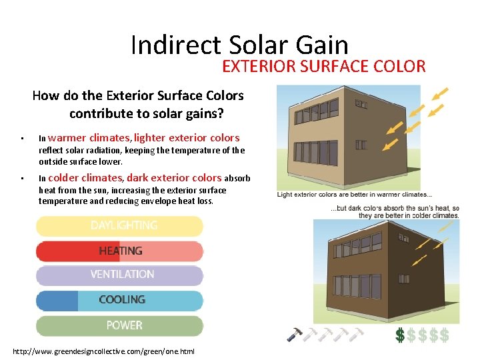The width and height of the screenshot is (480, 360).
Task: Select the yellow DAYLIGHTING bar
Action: tap(120, 226)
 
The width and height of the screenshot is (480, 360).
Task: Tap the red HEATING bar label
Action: tap(121, 251)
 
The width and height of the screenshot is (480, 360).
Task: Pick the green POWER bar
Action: tap(120, 325)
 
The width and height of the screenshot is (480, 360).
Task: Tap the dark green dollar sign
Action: tap(399, 335)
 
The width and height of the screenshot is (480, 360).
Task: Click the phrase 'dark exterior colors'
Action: tap(174, 178)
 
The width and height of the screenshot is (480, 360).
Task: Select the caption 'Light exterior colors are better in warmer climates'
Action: tap(354, 195)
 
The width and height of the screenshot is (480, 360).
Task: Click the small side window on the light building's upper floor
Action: tap(361, 105)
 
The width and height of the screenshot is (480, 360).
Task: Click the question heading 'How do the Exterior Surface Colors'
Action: tap(138, 95)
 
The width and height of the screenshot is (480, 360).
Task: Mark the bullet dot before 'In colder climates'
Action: tap(23, 179)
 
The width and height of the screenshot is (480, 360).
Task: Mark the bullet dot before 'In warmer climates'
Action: tap(23, 139)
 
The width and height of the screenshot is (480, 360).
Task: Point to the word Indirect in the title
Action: tap(175, 45)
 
